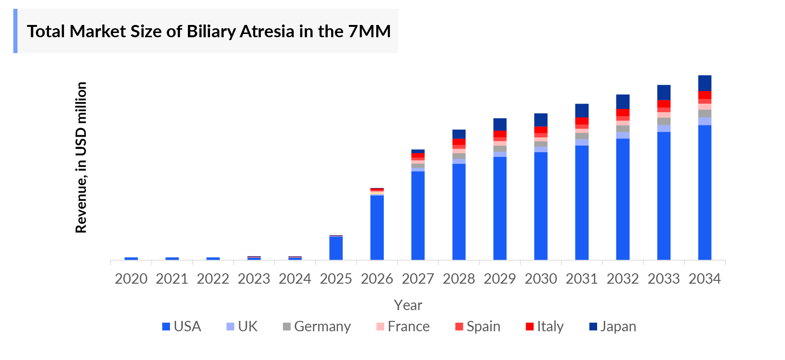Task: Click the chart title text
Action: coord(209,32)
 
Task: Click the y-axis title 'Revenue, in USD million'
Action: coord(81,157)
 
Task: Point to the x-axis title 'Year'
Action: coord(408,305)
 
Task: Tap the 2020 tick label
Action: coord(131,279)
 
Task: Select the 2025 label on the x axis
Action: coord(336,279)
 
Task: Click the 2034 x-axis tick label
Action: coord(704,279)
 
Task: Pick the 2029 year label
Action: coord(500,279)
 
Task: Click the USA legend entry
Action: coord(182,327)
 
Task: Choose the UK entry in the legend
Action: coord(242,327)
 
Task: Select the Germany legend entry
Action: coord(317,327)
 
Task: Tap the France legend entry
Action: coord(403,327)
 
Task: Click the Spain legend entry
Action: coord(478,327)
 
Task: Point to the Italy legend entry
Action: coord(545,327)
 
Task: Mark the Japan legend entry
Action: coord(613,327)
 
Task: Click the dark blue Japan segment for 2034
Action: coord(704,83)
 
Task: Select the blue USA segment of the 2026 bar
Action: coord(377,227)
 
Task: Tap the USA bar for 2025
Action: coord(336,248)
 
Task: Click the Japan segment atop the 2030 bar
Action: coord(541,120)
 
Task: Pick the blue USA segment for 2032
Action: coord(623,199)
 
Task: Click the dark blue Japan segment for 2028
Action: coord(459,134)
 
